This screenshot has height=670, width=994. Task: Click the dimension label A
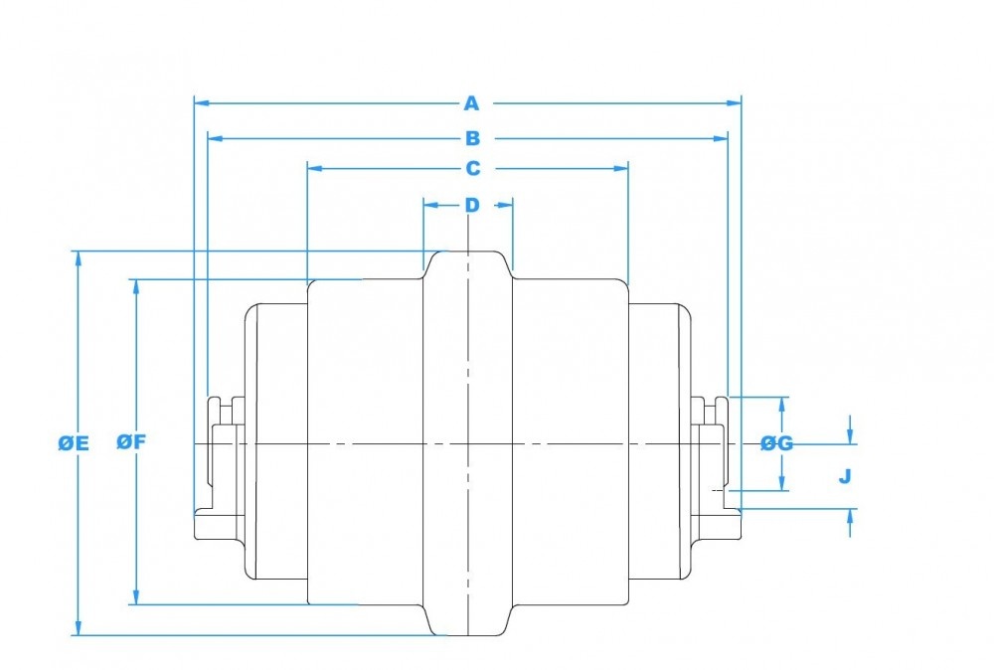click(472, 102)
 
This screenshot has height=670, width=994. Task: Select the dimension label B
click(472, 138)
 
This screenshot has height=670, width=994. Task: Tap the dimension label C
click(472, 168)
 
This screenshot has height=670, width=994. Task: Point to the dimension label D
click(472, 205)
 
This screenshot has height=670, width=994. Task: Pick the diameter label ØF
click(131, 443)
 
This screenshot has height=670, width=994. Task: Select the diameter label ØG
click(776, 443)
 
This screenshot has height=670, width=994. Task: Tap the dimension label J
click(844, 476)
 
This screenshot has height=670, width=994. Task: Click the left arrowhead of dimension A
click(200, 102)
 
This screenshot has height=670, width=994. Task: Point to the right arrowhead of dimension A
click(736, 102)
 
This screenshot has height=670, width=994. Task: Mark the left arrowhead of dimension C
click(314, 168)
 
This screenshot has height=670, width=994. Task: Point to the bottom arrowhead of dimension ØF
click(134, 597)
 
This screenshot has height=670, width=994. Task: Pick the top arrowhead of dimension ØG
click(783, 403)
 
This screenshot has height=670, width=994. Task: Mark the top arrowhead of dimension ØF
click(134, 286)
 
